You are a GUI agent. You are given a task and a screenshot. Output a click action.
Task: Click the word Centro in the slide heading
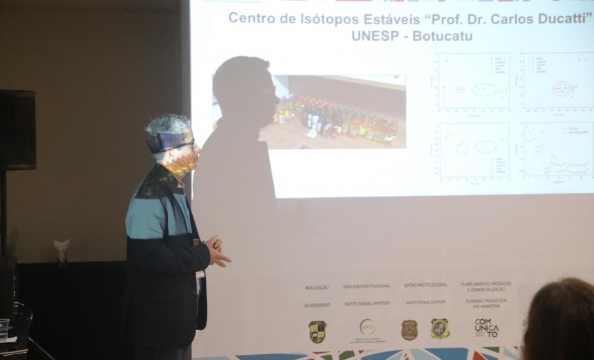pos(252,18)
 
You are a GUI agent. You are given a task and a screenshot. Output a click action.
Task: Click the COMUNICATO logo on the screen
pos(486,328)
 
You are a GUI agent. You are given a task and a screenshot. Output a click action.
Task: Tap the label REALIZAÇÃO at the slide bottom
pos(317,287)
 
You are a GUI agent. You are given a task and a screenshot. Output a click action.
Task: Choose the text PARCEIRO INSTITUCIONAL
pos(367,286)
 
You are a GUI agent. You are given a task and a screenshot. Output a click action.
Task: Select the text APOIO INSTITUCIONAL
pos(426,285)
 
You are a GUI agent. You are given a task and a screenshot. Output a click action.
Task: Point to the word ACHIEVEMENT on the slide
pos(317,304)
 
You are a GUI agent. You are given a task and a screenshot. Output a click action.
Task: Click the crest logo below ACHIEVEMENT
pos(317,331)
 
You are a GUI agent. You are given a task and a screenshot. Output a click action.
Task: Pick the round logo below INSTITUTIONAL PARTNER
pos(367,328)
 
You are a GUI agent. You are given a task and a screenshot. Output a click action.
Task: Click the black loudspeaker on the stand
pos(17,130)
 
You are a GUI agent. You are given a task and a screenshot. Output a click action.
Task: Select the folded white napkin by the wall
pos(62,249)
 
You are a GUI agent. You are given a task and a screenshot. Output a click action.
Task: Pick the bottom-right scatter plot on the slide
pos(557,150)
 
